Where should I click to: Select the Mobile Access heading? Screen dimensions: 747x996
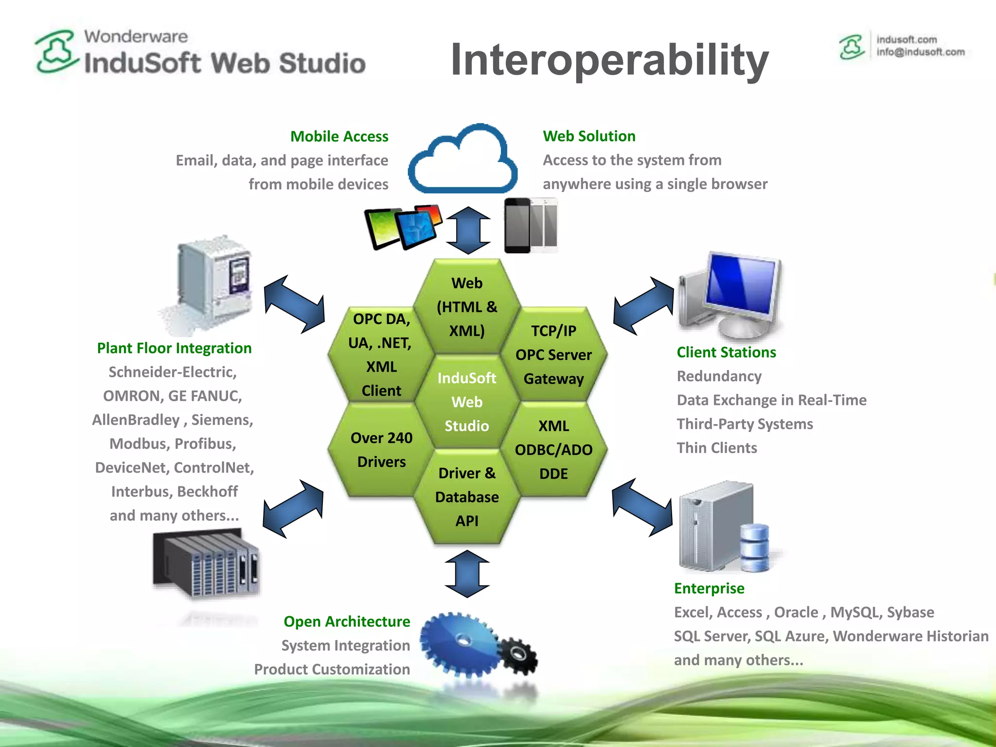[x=339, y=137]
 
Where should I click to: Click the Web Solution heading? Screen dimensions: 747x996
[x=589, y=136]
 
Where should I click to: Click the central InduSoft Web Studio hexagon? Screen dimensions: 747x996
[x=467, y=402]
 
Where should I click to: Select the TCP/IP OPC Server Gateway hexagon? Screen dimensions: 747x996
[x=553, y=355]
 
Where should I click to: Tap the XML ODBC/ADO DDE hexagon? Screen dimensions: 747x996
[x=553, y=450]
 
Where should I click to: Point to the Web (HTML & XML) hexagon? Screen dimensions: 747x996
[x=467, y=307]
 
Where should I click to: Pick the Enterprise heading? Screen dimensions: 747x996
[x=709, y=588]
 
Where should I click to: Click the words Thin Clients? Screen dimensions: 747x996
[x=717, y=448]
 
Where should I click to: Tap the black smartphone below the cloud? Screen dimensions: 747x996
[x=517, y=226]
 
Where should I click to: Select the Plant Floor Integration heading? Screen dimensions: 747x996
[x=174, y=348]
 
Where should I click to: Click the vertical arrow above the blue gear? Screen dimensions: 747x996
[x=467, y=574]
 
